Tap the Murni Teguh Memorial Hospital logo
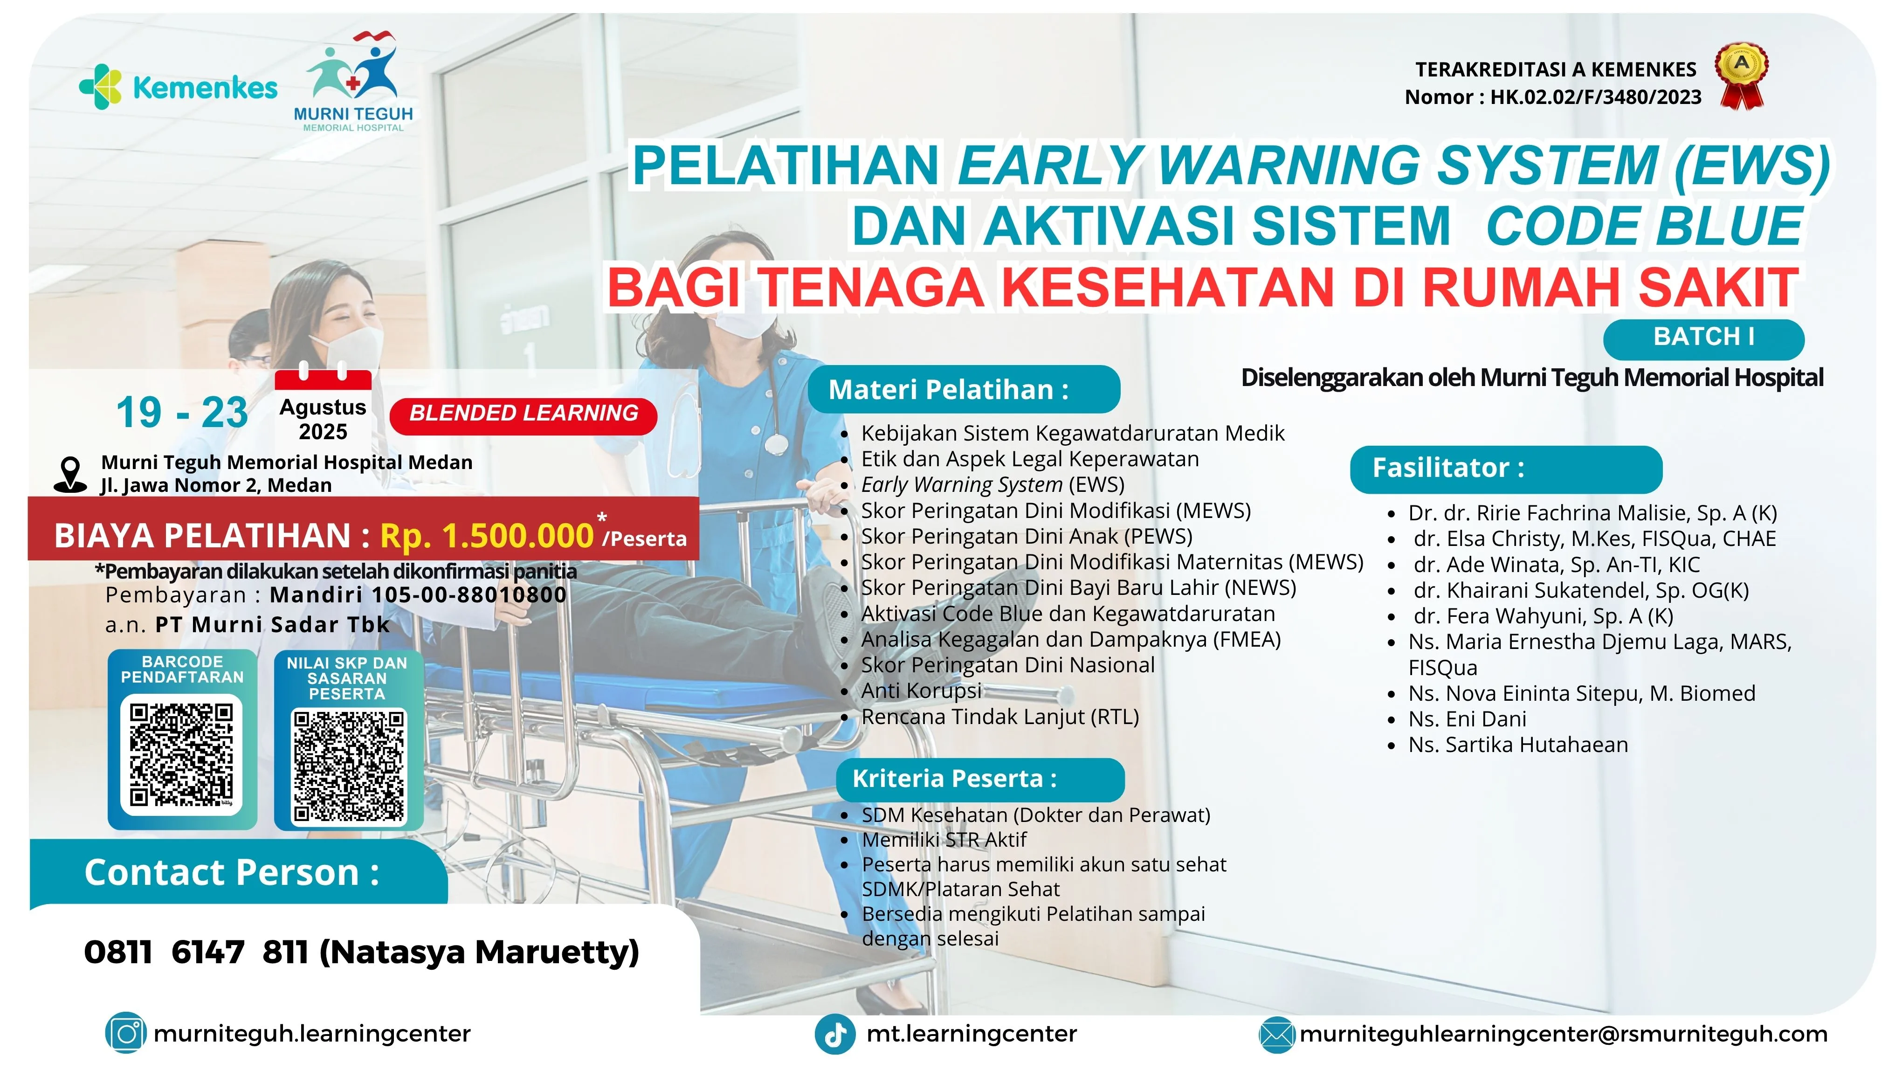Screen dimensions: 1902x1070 point(353,81)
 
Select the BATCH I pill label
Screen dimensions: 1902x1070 point(1703,338)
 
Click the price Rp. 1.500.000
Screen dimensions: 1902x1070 point(487,535)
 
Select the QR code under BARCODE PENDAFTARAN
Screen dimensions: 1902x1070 point(182,754)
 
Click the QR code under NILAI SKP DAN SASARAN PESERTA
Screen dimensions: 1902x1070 point(349,766)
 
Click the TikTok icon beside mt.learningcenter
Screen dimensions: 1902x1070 point(835,1034)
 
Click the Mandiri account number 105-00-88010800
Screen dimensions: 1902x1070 point(469,594)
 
